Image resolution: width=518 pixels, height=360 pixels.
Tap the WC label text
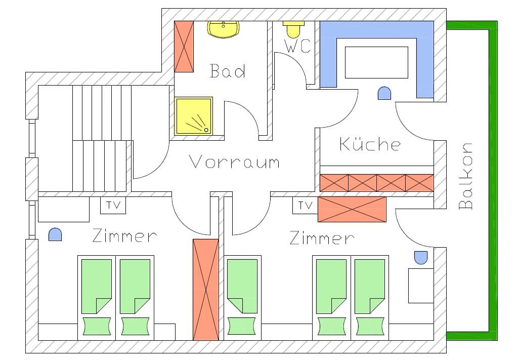click(297, 47)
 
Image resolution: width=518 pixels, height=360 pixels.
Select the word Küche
click(370, 144)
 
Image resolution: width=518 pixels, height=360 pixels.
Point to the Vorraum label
click(234, 162)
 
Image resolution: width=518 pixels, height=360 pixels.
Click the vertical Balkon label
click(465, 176)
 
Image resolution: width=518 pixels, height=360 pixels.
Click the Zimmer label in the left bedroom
click(124, 236)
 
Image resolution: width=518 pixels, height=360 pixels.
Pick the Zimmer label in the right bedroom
click(322, 238)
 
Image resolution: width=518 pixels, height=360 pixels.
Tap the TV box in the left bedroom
click(113, 206)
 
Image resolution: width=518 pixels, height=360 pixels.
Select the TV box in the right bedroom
click(305, 206)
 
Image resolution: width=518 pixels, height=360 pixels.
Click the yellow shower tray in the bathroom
click(194, 116)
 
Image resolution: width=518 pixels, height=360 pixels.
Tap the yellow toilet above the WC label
click(293, 29)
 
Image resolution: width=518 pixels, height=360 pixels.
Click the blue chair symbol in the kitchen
click(384, 93)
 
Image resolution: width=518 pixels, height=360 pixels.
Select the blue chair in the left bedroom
click(55, 234)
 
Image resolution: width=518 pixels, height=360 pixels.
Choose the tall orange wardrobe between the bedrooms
click(206, 289)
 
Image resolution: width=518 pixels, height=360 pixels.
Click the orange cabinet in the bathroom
click(184, 46)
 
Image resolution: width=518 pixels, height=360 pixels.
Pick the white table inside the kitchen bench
click(376, 62)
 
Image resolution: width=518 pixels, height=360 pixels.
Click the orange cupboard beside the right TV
click(352, 209)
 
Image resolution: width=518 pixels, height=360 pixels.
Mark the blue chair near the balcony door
click(420, 257)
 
